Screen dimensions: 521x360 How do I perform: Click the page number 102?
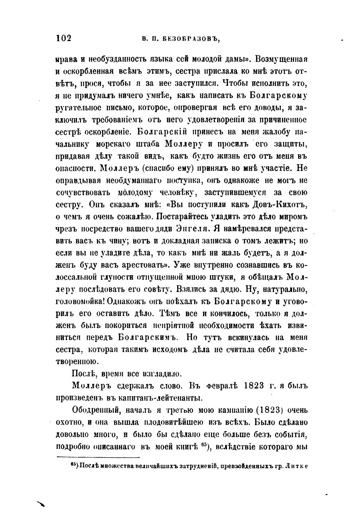pyautogui.click(x=64, y=38)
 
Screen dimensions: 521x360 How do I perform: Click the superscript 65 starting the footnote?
pyautogui.click(x=73, y=464)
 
